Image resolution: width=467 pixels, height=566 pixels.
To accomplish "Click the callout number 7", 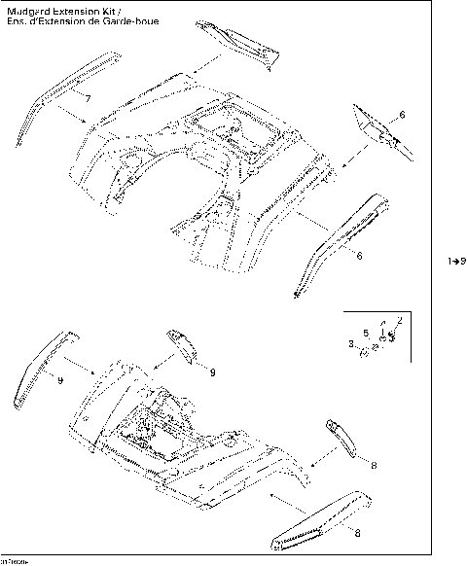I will (88, 99).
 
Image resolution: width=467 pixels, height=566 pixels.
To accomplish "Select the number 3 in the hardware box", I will (352, 343).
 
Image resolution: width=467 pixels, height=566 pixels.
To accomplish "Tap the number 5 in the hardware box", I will (366, 332).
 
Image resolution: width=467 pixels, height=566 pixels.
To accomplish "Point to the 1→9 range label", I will (456, 261).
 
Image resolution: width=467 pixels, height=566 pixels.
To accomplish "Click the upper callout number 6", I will (403, 116).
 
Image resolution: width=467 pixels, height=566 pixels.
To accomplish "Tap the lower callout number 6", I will (359, 255).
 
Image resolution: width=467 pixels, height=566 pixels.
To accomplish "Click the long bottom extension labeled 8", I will (318, 516).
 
